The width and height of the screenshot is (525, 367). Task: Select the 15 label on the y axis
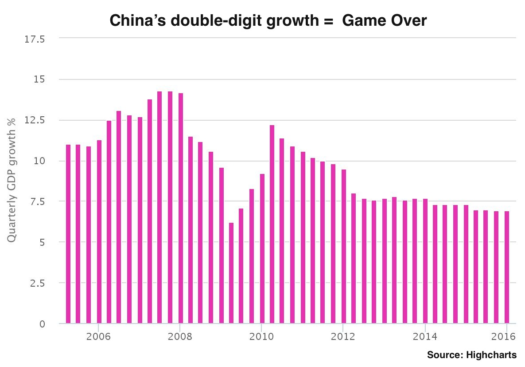tap(40, 79)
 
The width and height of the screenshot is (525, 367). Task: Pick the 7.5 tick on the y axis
tap(37, 201)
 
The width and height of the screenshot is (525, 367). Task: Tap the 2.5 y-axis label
tap(37, 283)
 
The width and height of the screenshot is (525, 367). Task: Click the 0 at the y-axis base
tap(43, 324)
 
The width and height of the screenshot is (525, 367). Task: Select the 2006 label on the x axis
tap(98, 336)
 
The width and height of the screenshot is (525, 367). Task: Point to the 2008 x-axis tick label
tap(179, 336)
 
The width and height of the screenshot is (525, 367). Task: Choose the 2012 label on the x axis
tap(343, 336)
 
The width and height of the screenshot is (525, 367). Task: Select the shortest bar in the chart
tap(231, 273)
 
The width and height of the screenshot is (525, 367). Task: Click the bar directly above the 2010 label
tap(262, 249)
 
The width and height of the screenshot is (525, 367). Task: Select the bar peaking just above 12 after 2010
tap(272, 224)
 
